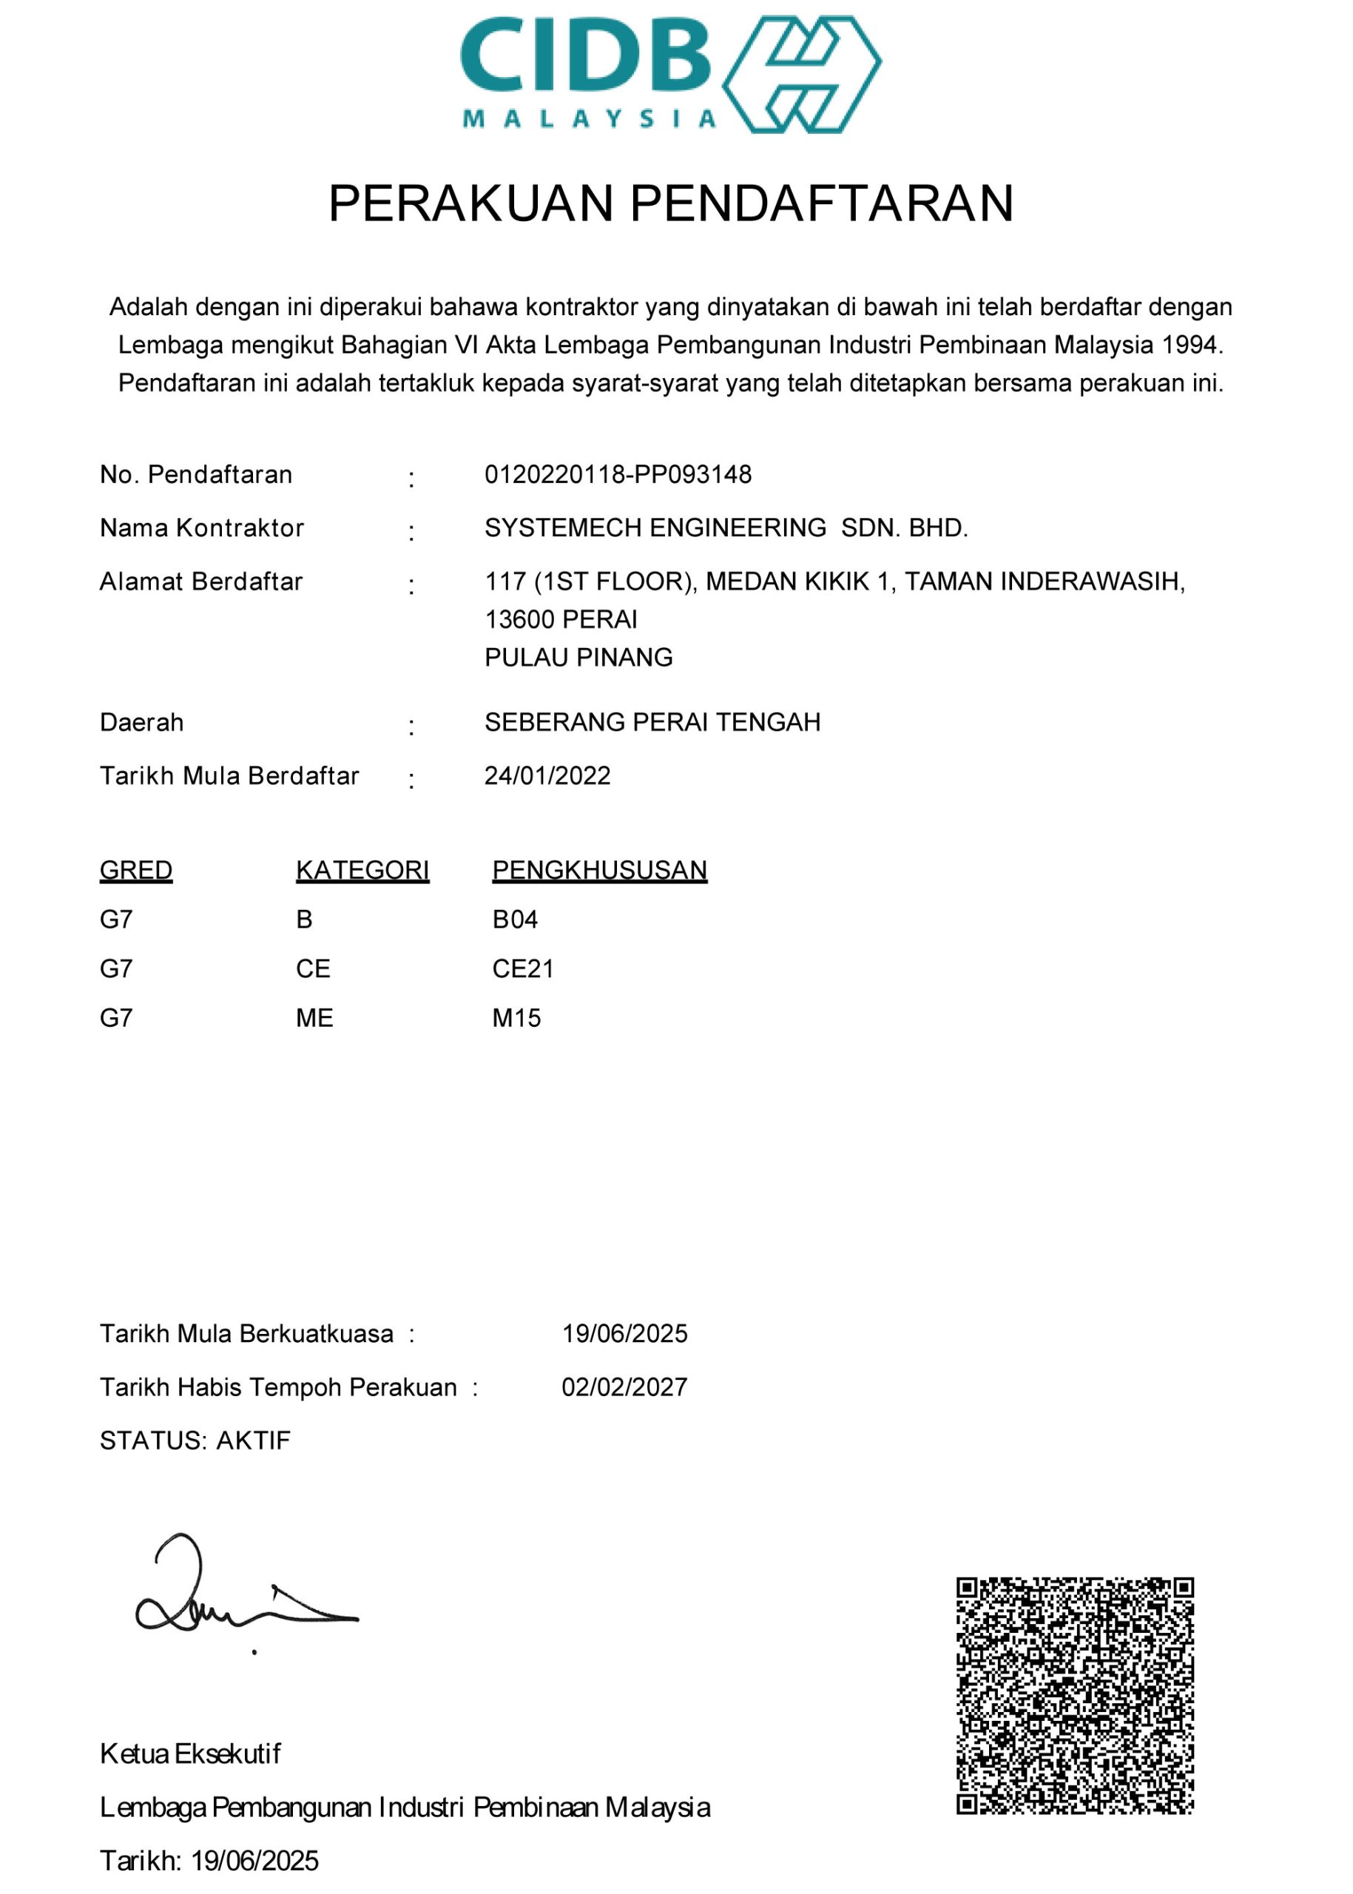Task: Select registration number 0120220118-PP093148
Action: pos(618,474)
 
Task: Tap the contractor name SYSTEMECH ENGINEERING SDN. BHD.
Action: pos(726,528)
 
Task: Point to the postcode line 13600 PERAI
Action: pos(561,619)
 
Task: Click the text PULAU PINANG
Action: pos(578,658)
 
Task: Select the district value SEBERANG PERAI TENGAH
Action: pos(652,721)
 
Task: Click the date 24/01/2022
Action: pos(547,776)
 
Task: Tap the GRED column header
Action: pos(136,870)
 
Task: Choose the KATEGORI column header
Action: pos(362,870)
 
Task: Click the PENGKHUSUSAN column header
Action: pos(599,870)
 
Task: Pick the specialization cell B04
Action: pos(515,919)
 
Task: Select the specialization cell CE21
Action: pos(522,968)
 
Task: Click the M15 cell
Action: pos(516,1017)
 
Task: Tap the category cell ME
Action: pos(314,1017)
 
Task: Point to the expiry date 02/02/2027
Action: pos(624,1386)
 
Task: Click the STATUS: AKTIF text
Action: pos(195,1440)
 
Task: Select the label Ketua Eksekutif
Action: pos(190,1753)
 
